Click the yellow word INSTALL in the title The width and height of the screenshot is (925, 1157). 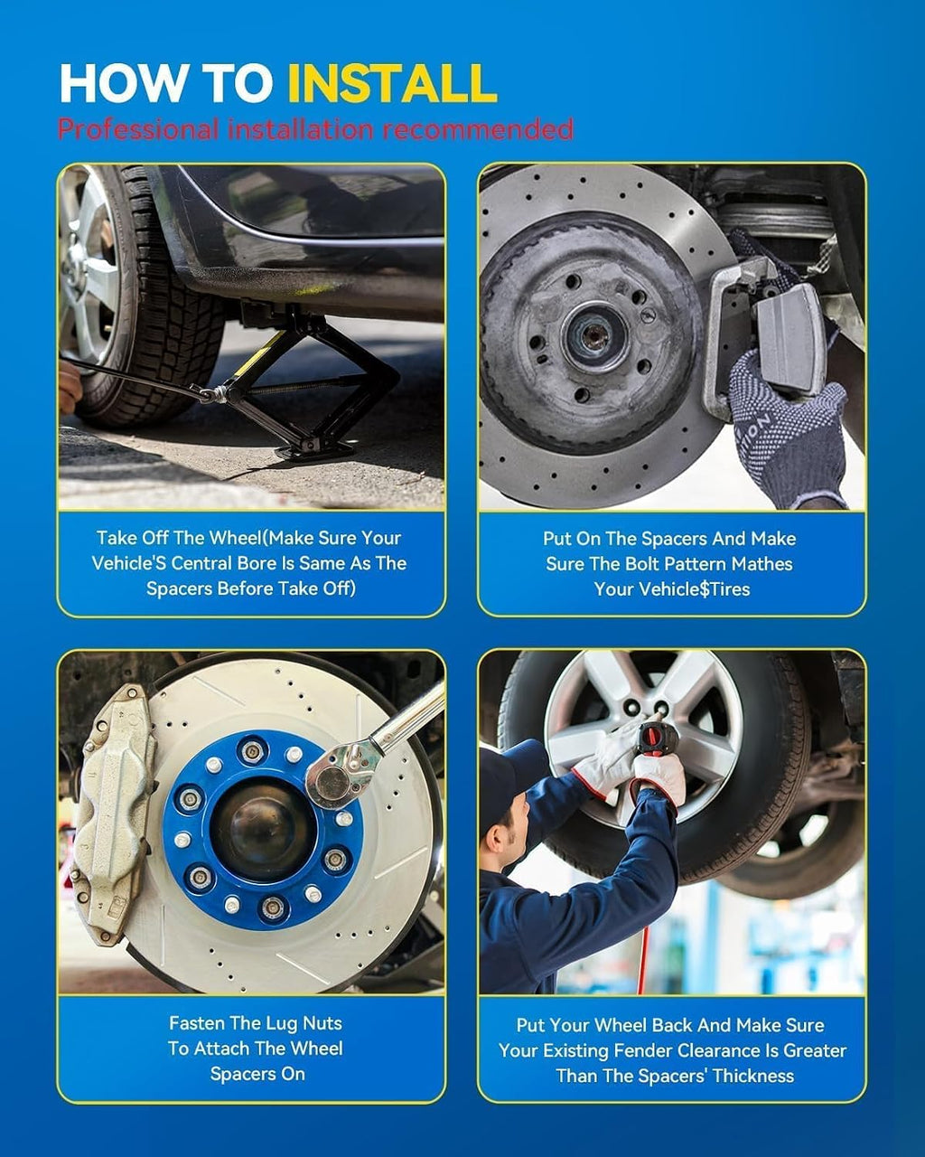(x=392, y=84)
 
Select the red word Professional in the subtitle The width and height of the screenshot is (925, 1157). (x=138, y=130)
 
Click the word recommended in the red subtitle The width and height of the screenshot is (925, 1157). (x=476, y=129)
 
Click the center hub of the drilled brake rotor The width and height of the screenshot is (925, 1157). (x=593, y=337)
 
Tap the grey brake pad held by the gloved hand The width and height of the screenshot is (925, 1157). (x=790, y=335)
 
